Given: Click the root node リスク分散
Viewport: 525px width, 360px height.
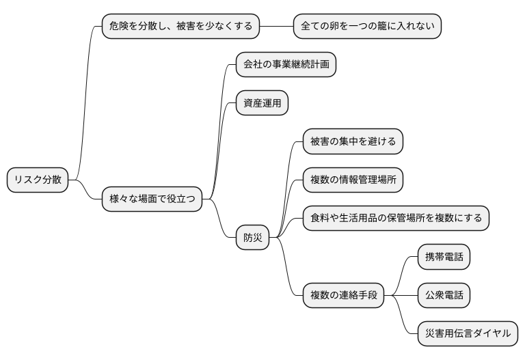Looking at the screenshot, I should coord(38,180).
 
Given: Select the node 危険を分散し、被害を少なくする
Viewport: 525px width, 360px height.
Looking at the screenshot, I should coord(180,27).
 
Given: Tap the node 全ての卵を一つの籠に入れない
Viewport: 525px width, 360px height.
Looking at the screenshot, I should coord(367,27).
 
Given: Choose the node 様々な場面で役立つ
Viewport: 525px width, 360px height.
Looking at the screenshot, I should coord(152,199).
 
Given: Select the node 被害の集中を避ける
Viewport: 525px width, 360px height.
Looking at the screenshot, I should coord(353,141).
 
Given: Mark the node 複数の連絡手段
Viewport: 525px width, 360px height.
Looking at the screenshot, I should coord(343,295).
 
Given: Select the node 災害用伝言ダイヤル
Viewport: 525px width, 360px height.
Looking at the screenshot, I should coord(468,333).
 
